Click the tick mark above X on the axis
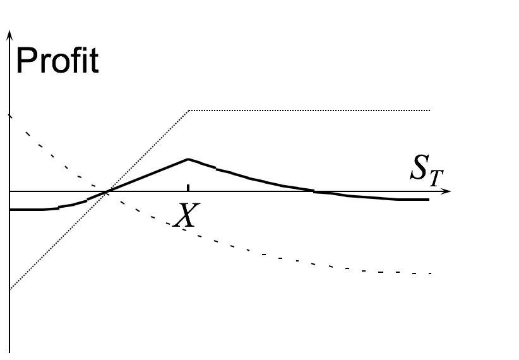click(188, 187)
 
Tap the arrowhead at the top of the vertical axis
click(9, 32)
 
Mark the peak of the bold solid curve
click(188, 159)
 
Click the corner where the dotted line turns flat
click(189, 111)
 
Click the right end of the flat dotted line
click(430, 111)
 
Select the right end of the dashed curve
click(430, 273)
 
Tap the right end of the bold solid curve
click(429, 200)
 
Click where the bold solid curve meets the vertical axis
click(9, 209)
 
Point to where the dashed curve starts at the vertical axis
click(9, 116)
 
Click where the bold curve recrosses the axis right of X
click(314, 191)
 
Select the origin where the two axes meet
click(9, 191)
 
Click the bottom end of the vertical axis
click(9, 351)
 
